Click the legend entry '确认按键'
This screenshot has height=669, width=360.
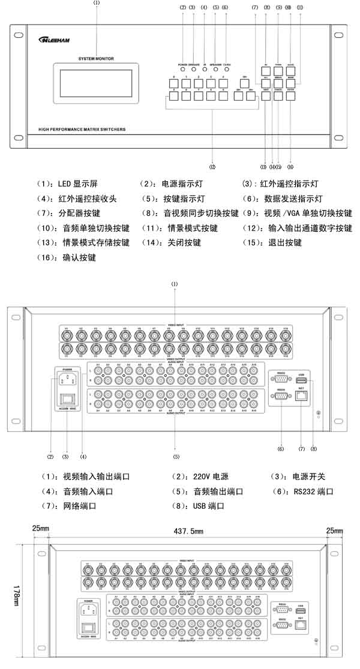[76, 257]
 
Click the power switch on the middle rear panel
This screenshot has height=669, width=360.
[66, 396]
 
